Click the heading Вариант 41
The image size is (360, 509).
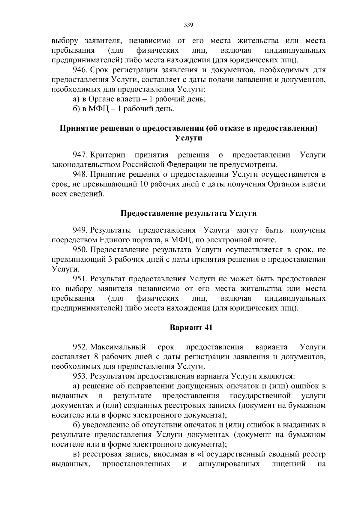point(191,328)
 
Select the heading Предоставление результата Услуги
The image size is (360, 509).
point(188,213)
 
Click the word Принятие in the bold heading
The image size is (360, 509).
point(76,128)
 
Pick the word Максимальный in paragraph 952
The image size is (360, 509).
point(118,347)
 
